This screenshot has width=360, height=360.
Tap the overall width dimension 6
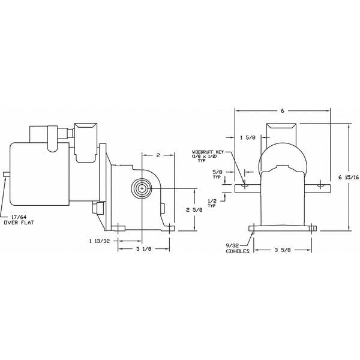click(x=282, y=111)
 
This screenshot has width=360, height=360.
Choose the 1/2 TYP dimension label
click(x=212, y=203)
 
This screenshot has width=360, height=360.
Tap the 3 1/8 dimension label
click(x=142, y=249)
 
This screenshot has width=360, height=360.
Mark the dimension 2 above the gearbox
click(x=157, y=155)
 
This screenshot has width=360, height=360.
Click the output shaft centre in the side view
click(x=142, y=188)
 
